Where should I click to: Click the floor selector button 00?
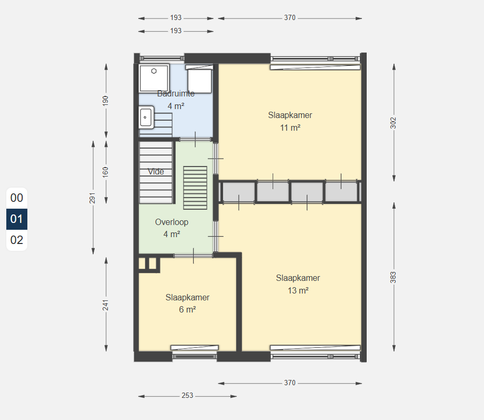[17, 198]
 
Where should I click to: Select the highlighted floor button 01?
[17, 219]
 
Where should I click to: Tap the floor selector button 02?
[17, 240]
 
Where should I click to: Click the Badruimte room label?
[176, 93]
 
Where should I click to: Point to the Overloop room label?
[172, 222]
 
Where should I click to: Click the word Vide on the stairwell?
[156, 172]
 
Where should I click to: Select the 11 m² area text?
[290, 128]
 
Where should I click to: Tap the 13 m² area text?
[298, 290]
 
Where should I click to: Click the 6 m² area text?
[187, 309]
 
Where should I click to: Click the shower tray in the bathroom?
[154, 78]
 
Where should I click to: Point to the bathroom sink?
[146, 117]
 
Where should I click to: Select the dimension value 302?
[393, 123]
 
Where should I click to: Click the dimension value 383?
[393, 277]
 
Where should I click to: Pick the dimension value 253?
[187, 396]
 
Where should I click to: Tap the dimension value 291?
[92, 198]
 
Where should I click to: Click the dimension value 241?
[106, 305]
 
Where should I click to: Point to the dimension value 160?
[106, 172]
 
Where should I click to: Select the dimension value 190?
[106, 101]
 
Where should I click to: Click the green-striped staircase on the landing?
[195, 188]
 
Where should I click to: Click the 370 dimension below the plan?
[290, 383]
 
